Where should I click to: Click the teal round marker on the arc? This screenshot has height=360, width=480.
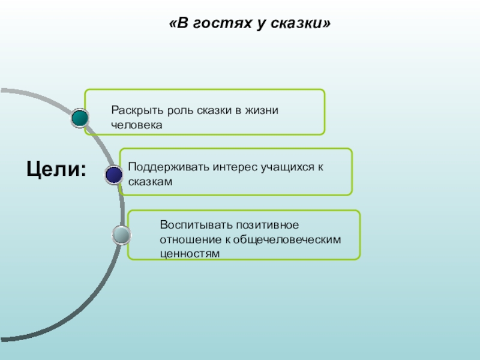(x=79, y=118)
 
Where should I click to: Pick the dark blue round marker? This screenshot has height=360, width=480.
(x=114, y=175)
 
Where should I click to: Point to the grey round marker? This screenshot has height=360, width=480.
(x=121, y=235)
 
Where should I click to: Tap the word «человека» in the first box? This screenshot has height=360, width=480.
(x=137, y=125)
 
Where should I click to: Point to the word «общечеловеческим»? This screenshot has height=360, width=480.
(x=287, y=239)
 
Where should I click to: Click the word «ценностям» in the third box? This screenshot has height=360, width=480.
(x=190, y=253)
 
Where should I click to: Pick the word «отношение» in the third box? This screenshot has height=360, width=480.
(x=189, y=239)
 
